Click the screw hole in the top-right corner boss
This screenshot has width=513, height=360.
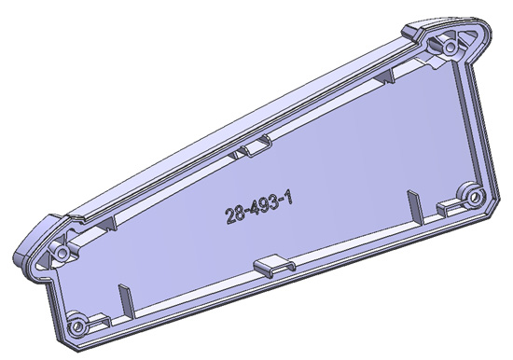coord(451,48)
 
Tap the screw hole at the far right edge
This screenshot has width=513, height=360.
coord(475,197)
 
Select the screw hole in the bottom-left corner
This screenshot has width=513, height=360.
coord(77,325)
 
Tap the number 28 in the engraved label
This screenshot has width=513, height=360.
coord(232,215)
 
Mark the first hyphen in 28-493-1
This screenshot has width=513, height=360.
coord(243,213)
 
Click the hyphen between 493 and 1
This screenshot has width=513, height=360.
coord(280,203)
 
